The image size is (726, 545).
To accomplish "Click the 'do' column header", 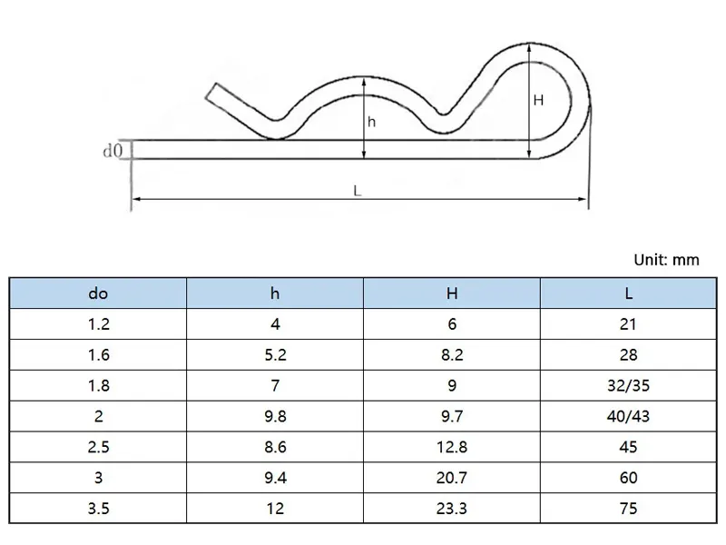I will [x=98, y=293].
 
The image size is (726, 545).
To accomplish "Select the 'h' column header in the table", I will [x=275, y=293].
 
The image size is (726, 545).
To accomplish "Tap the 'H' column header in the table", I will [x=452, y=293].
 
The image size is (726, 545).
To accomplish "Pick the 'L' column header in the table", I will [x=629, y=293].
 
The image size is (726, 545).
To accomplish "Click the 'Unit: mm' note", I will [x=667, y=260].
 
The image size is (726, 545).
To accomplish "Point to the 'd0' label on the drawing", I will [x=112, y=151].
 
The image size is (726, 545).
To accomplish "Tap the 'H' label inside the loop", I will [x=538, y=101].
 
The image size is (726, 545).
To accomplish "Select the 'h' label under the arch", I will [x=371, y=122].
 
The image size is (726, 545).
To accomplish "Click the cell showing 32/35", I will [x=629, y=385].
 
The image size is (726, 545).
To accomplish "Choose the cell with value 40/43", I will [x=629, y=416].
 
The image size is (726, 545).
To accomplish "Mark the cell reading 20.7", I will [x=452, y=478].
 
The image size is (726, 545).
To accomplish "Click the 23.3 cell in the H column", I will [x=452, y=509].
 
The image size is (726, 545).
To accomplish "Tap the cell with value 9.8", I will [x=275, y=416].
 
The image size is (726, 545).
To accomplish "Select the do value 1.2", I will [x=98, y=324].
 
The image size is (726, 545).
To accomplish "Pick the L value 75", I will [x=629, y=509].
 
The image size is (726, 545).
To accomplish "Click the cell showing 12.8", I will [x=452, y=447].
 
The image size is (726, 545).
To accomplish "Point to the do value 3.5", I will [x=98, y=509].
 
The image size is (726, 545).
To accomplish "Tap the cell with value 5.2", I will [x=275, y=355].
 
